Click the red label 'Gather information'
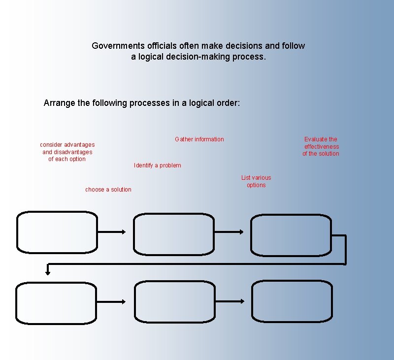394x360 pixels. tap(199, 139)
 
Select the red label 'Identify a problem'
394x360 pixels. tap(157, 165)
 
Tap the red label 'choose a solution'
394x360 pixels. tap(108, 190)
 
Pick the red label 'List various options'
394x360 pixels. tap(256, 181)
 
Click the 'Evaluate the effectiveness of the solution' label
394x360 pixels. tap(321, 146)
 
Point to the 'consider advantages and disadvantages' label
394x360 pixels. tap(67, 152)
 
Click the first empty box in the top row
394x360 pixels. tap(57, 232)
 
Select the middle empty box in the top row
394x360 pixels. tap(174, 234)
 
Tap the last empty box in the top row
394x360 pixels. tap(291, 235)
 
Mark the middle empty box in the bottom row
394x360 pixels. tap(174, 302)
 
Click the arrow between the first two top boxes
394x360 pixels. tap(112, 232)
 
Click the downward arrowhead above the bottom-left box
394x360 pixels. tap(48, 270)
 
